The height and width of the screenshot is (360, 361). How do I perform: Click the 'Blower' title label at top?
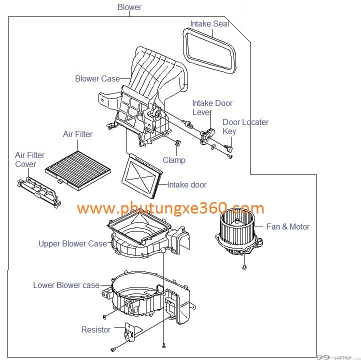pos(129,7)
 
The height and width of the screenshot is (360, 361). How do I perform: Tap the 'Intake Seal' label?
pos(209,23)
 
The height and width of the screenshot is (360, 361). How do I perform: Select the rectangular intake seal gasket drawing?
pos(209,50)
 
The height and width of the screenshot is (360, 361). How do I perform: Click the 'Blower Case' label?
pos(97,78)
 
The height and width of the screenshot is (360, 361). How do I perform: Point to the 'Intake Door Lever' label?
pos(212,108)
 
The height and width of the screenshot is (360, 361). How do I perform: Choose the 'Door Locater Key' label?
pos(245,126)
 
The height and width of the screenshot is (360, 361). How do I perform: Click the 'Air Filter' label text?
pos(77,134)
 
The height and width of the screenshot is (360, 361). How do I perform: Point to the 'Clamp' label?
pos(174,160)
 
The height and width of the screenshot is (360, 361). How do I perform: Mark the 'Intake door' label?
pos(187,184)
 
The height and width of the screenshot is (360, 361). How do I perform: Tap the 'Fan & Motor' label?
pos(287,226)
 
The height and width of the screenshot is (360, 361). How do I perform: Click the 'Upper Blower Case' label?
pos(73,243)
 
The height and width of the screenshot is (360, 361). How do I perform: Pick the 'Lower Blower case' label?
pos(66,285)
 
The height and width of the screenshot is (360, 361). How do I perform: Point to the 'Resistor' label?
pos(96,329)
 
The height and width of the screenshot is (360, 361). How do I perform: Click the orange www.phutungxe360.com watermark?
pos(170,208)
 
